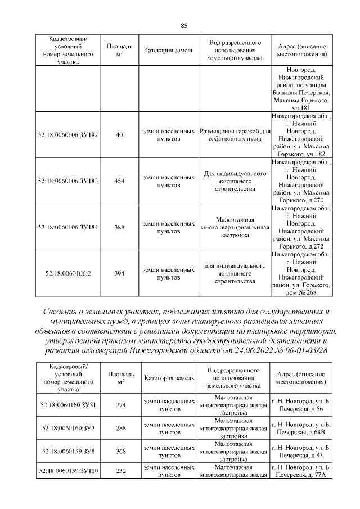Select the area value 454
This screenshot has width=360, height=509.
[119, 181]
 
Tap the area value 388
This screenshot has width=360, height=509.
[119, 227]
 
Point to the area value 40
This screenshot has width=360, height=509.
[119, 135]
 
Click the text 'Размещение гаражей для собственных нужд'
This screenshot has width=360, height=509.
[235, 135]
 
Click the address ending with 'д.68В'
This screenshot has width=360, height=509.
[300, 429]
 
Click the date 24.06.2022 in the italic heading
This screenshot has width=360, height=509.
[254, 350]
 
